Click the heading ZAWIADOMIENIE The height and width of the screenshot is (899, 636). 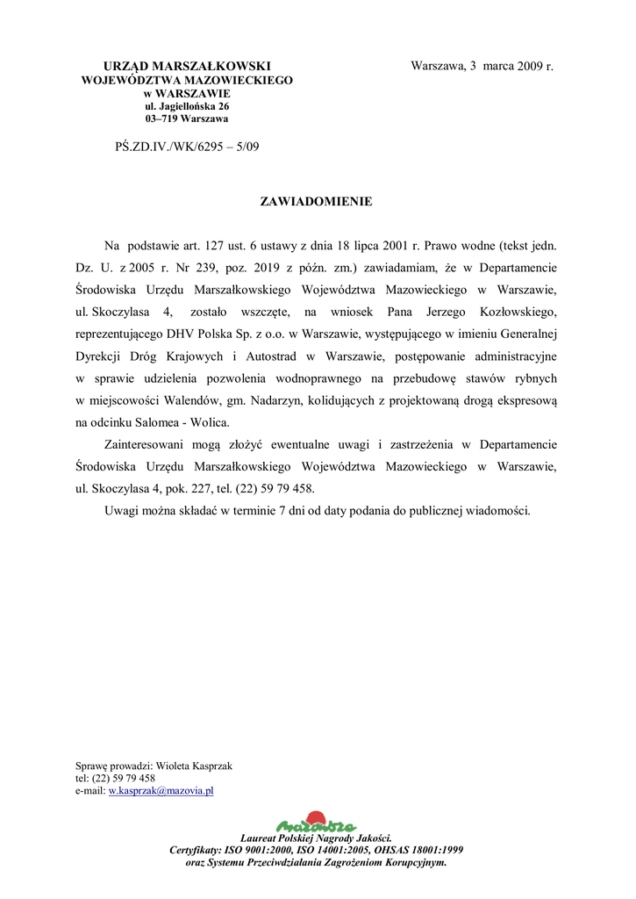click(x=316, y=202)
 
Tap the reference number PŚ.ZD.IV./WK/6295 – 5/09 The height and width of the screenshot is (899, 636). click(x=187, y=147)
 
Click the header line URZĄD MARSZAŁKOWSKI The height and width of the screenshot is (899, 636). click(x=187, y=67)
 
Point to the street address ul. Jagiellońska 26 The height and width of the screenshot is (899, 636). click(x=187, y=106)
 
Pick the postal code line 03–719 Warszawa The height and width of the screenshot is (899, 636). click(x=187, y=119)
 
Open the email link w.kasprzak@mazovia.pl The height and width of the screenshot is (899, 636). click(x=161, y=791)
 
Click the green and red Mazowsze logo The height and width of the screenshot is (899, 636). click(x=316, y=823)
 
